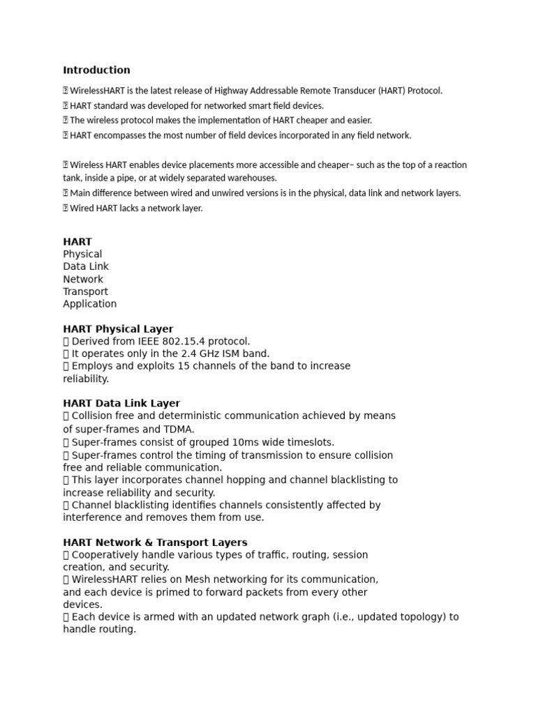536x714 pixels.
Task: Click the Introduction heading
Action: click(96, 70)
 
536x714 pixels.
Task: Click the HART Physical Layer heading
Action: click(118, 329)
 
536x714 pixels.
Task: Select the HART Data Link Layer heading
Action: click(121, 403)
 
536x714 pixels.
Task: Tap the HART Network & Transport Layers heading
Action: click(155, 542)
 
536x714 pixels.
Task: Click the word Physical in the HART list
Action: click(82, 254)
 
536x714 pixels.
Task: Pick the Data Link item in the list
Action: click(86, 266)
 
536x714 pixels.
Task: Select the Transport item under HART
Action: click(85, 291)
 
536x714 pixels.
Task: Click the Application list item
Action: click(90, 304)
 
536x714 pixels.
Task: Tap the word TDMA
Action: click(180, 429)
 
